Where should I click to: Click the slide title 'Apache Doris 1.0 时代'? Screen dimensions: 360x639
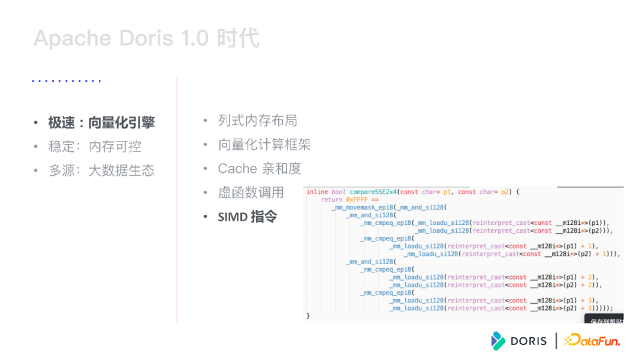[x=146, y=38]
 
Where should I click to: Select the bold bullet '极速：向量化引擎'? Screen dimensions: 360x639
[x=101, y=123]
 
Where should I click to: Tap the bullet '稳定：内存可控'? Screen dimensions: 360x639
[x=95, y=147]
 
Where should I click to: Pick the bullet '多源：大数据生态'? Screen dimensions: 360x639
[x=101, y=171]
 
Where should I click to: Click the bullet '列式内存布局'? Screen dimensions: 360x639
[x=257, y=121]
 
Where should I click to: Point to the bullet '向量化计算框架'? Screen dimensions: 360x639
[x=264, y=144]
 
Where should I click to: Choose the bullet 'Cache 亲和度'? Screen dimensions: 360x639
[x=259, y=169]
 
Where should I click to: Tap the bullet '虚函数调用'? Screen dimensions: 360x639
[x=251, y=192]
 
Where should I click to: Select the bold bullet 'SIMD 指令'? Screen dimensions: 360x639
[x=247, y=217]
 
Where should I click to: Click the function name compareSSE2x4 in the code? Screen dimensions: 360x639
[x=373, y=192]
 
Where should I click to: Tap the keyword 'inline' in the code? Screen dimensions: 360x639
[x=317, y=192]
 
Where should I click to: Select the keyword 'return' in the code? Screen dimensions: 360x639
[x=332, y=200]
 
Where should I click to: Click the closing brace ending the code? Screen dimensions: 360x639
[x=308, y=316]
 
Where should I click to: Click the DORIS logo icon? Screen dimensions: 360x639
[x=498, y=340]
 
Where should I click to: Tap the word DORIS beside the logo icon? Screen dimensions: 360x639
[x=528, y=341]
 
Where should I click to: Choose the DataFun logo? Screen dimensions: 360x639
[x=592, y=340]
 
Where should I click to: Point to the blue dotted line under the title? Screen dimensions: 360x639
[x=66, y=81]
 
